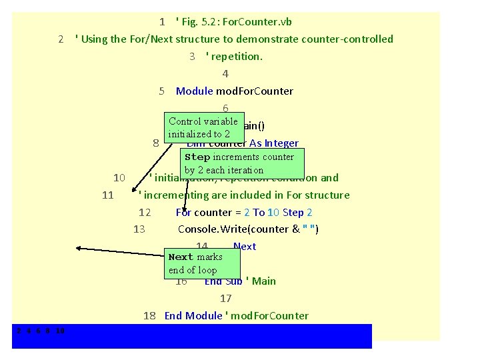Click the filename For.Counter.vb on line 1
click(x=257, y=22)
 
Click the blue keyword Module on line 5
click(x=194, y=91)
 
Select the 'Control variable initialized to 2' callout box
click(x=203, y=127)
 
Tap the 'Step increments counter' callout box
click(x=239, y=163)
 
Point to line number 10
click(x=119, y=178)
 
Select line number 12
click(x=145, y=213)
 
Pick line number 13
click(x=139, y=230)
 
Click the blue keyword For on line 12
click(x=183, y=213)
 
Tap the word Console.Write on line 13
click(x=212, y=230)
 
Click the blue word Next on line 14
click(x=245, y=247)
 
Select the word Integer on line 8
click(x=281, y=143)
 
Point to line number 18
click(x=150, y=316)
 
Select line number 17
click(x=225, y=299)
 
